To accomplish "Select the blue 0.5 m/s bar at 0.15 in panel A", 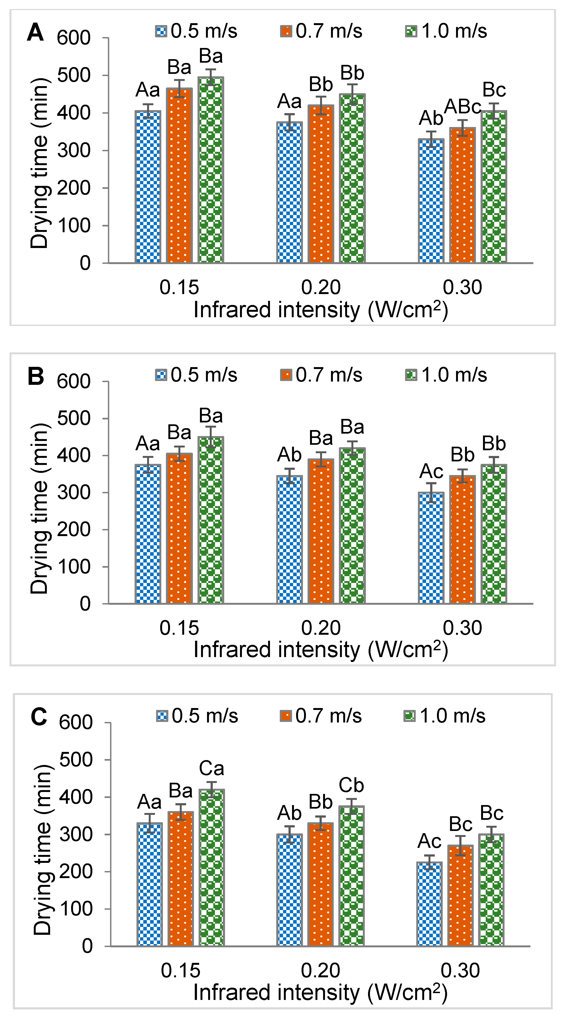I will pos(148,187).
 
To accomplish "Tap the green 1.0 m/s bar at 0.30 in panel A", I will pos(494,187).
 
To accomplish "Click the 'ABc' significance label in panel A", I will pos(462,107).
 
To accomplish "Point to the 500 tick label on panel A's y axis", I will pos(74,75).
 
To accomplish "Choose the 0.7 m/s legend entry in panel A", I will pos(321,31).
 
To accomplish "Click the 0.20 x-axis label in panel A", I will pos(321,287).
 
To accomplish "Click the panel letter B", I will pos(35,376).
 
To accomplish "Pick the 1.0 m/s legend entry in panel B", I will pos(446,375).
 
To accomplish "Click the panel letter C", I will pos(39,717).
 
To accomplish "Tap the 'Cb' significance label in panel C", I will pos(351,785).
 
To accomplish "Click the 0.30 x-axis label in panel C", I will pos(460,970).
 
